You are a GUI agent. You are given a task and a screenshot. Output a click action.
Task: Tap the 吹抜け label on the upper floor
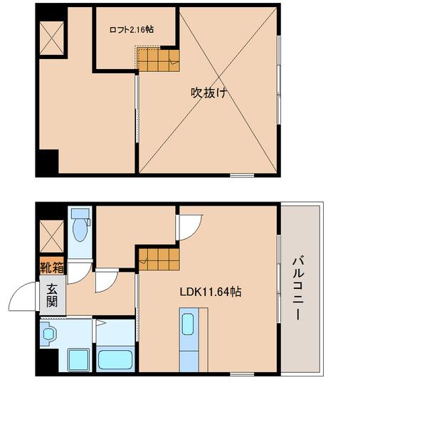[x=208, y=92]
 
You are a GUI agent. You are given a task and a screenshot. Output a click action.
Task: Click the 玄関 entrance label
[x=53, y=295]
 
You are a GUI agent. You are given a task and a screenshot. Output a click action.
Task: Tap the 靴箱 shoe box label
[x=52, y=268]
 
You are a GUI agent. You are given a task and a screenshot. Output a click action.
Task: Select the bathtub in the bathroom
[x=115, y=358]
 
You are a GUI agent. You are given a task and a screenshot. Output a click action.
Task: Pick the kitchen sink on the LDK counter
[x=187, y=324]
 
